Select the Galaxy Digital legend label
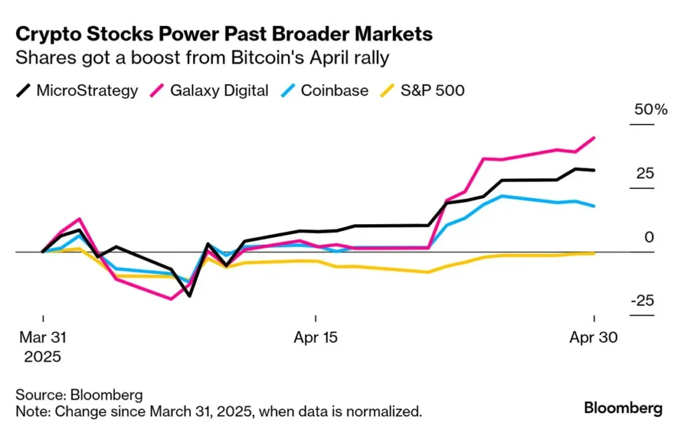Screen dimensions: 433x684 coord(219,90)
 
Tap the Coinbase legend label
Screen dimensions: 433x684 coord(334,90)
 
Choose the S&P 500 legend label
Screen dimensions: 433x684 coord(432,90)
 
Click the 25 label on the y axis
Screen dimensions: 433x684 coord(645,173)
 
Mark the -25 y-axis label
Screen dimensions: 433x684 coord(643,301)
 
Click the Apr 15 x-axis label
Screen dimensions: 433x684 coord(315,338)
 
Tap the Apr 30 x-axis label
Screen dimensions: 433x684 coord(594,338)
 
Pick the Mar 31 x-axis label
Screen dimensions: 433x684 coord(43,338)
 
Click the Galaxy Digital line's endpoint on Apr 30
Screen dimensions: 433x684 coord(594,137)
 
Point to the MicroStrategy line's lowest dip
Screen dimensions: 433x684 coord(190,296)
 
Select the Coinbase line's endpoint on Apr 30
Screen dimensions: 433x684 coord(594,206)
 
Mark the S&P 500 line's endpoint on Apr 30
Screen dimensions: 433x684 coord(594,254)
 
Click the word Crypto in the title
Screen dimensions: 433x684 coord(47,34)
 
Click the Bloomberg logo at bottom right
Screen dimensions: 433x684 coord(623,408)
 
